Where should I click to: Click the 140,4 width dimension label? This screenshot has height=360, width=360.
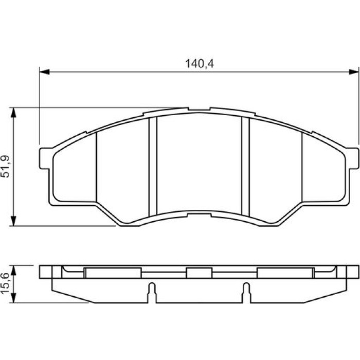(x=200, y=64)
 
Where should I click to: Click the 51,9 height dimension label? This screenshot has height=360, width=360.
(x=6, y=167)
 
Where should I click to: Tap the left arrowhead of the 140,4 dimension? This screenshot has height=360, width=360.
(x=45, y=71)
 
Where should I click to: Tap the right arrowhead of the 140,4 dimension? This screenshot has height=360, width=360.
(x=354, y=71)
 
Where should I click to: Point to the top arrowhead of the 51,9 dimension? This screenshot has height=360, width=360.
(x=14, y=113)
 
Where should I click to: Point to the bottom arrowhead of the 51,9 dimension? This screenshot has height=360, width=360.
(x=14, y=221)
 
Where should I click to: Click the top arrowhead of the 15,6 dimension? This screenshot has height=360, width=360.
(x=14, y=271)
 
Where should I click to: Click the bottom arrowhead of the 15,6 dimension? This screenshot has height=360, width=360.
(x=14, y=298)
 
